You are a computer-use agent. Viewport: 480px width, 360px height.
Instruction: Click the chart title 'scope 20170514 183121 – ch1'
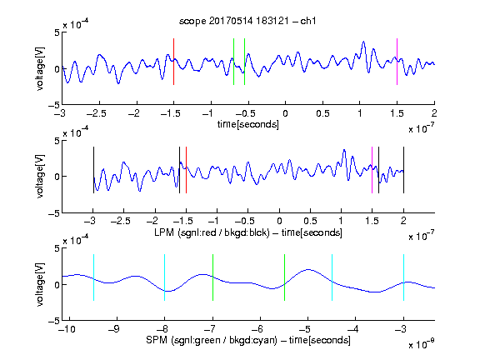click(x=247, y=21)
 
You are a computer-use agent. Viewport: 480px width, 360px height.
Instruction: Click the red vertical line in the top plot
click(x=173, y=62)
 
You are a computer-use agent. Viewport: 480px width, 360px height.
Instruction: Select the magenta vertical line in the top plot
click(x=397, y=62)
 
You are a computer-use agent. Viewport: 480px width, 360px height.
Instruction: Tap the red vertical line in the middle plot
click(x=186, y=170)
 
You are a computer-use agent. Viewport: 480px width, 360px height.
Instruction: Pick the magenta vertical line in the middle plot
click(x=372, y=170)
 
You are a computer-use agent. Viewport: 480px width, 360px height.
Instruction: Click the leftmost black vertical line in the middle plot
click(x=93, y=170)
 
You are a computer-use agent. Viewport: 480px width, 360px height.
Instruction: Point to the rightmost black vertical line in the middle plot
click(x=404, y=170)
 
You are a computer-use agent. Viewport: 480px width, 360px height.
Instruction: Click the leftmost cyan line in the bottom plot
click(x=93, y=277)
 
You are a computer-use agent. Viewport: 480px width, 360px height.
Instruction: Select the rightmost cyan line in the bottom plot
click(x=404, y=277)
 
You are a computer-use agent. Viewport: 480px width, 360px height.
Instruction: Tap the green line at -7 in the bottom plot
click(x=212, y=277)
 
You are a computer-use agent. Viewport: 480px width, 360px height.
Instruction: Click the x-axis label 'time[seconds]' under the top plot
click(x=248, y=125)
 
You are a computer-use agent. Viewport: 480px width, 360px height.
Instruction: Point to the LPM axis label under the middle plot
click(x=248, y=232)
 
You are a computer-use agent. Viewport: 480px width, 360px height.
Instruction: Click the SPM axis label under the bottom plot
click(x=248, y=340)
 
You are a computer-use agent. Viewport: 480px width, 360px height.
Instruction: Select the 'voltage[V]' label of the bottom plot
click(x=40, y=284)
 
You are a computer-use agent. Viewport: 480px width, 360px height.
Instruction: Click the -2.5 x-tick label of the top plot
click(x=97, y=114)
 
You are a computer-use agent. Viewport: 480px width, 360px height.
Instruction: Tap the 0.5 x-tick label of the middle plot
click(x=310, y=221)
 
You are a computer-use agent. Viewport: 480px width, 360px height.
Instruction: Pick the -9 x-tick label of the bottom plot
click(x=114, y=329)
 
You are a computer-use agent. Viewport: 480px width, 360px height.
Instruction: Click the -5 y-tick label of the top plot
click(x=54, y=105)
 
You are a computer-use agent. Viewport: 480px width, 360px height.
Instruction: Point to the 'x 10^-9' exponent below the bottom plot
click(x=422, y=344)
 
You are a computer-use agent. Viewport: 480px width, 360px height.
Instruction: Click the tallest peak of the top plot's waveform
click(x=363, y=42)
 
